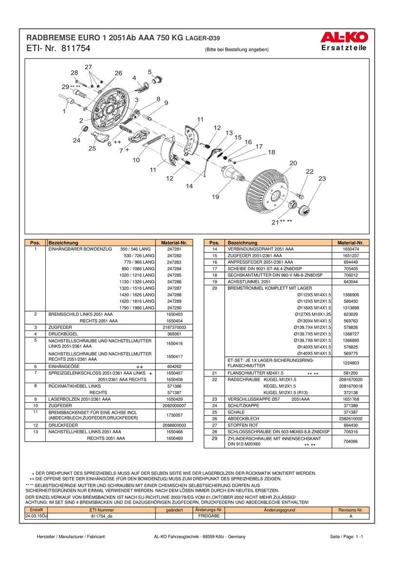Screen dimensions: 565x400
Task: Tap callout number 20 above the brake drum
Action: pos(293,163)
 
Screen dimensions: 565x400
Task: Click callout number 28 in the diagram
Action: pos(74,73)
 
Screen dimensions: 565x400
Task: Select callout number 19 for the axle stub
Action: pos(215,197)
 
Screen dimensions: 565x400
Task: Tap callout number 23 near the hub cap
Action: pos(322,179)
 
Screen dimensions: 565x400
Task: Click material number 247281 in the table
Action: pos(174,249)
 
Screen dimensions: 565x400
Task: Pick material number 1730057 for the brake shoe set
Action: pos(174,415)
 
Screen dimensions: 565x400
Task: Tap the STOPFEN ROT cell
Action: pos(242,425)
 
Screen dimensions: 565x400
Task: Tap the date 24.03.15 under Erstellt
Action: pos(35,515)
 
